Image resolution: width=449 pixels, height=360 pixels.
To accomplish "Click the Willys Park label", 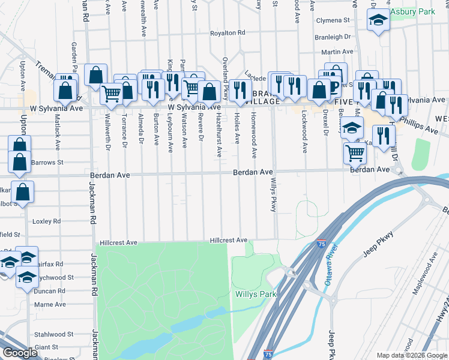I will click(256, 295).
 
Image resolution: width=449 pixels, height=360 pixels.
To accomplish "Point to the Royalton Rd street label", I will click(228, 33).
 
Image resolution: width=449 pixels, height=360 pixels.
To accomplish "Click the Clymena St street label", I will click(337, 20).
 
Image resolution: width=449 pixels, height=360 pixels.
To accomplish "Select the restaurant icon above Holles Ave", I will click(241, 90).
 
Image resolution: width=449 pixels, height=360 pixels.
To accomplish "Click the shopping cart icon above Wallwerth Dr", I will click(111, 94).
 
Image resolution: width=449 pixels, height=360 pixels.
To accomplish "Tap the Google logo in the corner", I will click(20, 353).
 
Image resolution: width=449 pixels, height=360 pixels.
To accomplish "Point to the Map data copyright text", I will click(411, 355).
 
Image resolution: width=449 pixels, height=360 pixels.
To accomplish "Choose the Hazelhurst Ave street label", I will click(219, 136).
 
